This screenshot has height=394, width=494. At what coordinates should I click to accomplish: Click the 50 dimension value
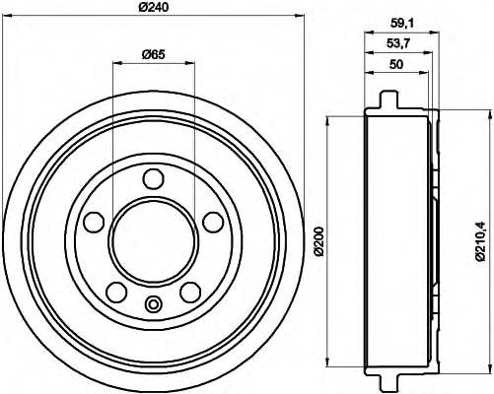[x=398, y=66]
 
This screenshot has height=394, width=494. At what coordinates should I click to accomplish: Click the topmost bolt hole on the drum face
[x=153, y=179]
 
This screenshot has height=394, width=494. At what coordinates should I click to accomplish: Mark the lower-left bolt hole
[x=115, y=292]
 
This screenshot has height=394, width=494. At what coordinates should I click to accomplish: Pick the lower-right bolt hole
[x=190, y=292]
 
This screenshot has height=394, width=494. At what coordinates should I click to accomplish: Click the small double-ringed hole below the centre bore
[x=153, y=303]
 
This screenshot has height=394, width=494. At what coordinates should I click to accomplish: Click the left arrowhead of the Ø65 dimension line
[x=117, y=63]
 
